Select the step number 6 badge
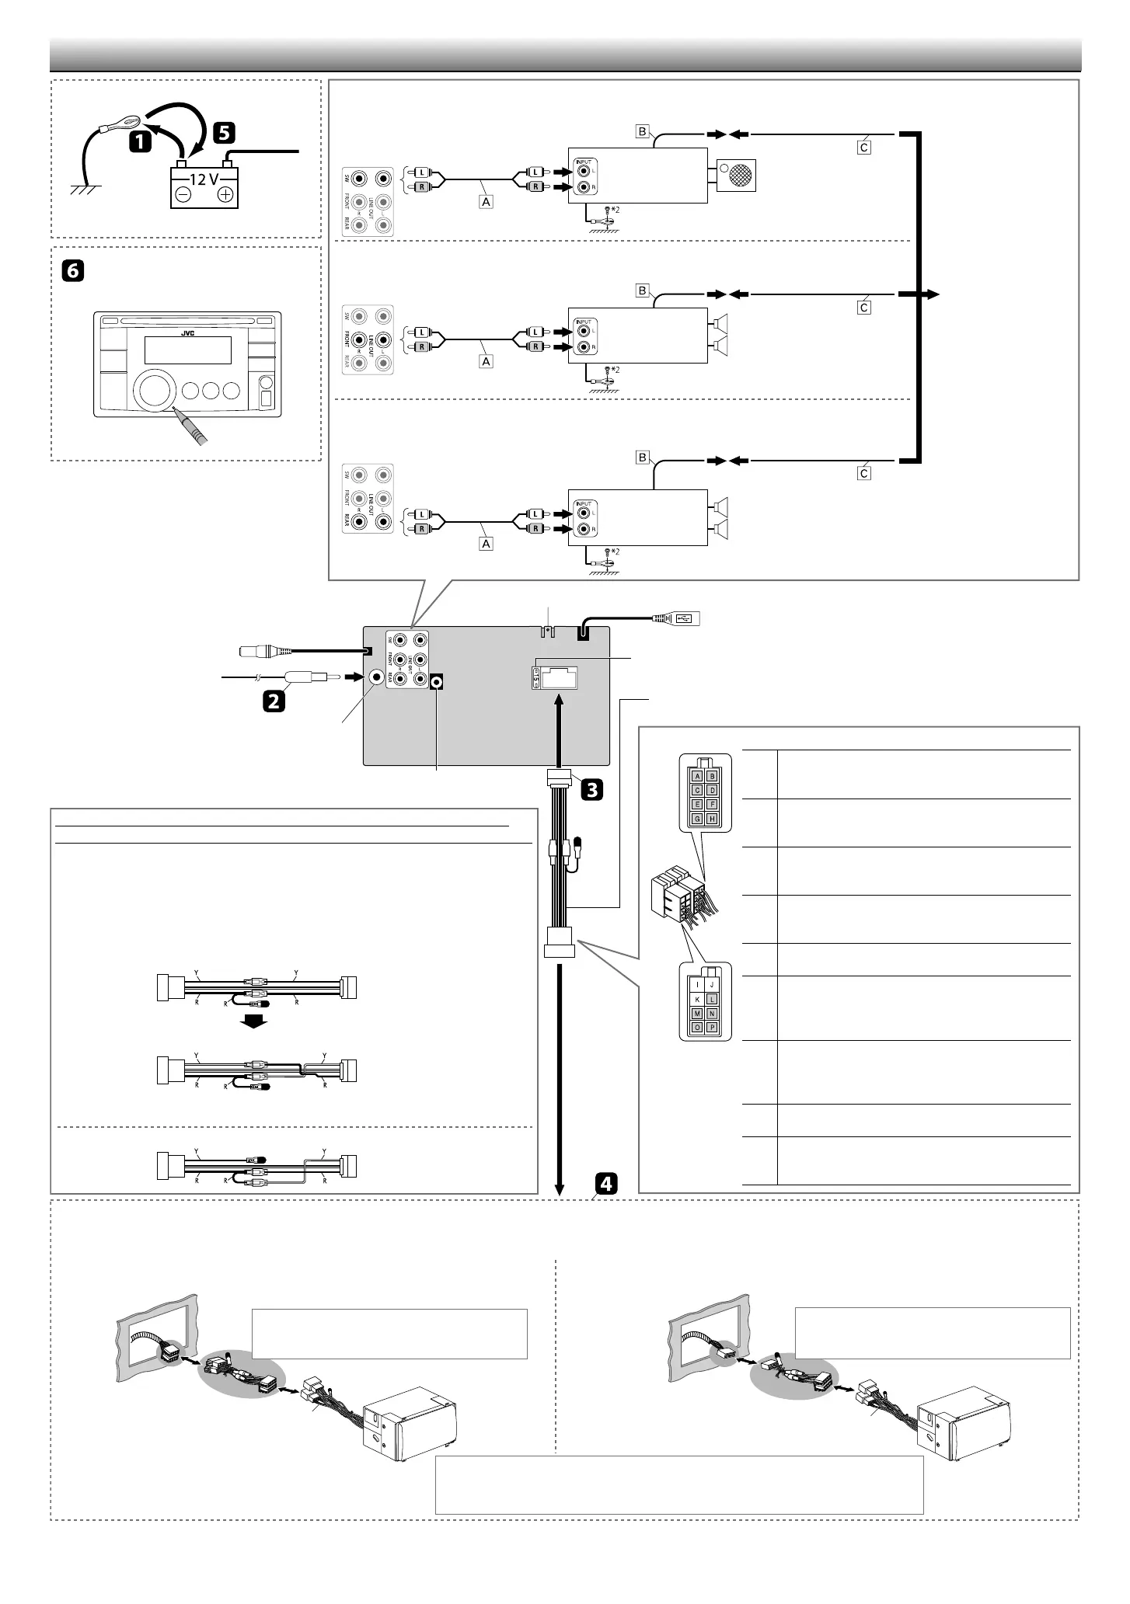[x=71, y=271]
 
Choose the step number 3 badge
[x=591, y=790]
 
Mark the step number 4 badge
[x=606, y=1183]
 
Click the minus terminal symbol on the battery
[x=184, y=195]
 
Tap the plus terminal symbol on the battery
[x=226, y=195]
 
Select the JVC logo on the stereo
[x=187, y=333]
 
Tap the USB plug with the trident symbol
[x=685, y=618]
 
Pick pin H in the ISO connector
[x=713, y=819]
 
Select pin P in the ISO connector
[x=713, y=1028]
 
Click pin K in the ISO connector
[x=698, y=999]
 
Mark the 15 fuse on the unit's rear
[x=535, y=678]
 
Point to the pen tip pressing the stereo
[x=180, y=413]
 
